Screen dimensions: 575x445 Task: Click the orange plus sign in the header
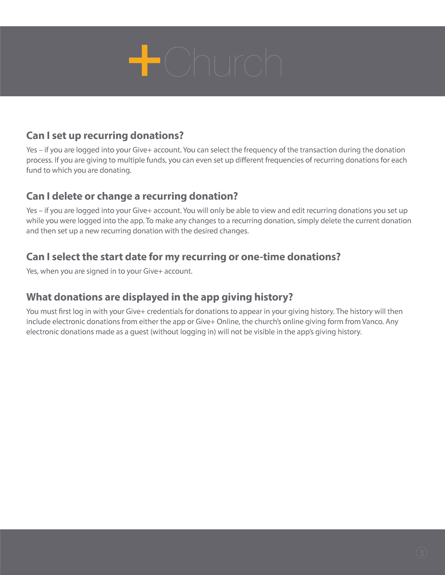click(x=144, y=60)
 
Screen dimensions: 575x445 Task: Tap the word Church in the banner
click(x=223, y=62)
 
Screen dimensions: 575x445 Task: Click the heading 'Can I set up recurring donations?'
click(x=105, y=136)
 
